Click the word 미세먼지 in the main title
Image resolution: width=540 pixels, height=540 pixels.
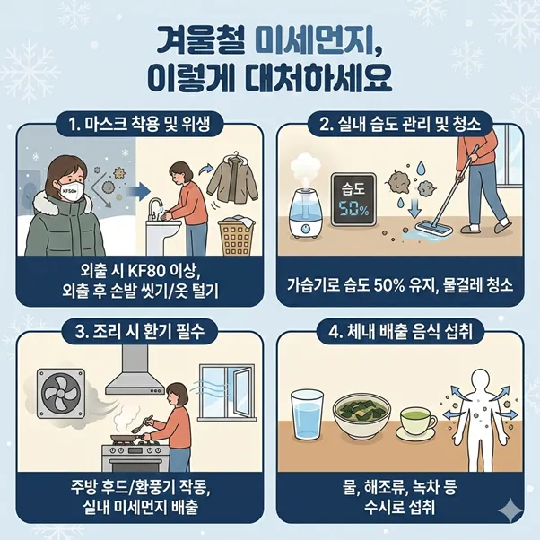point(319,41)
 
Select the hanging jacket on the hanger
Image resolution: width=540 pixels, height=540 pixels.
point(233,179)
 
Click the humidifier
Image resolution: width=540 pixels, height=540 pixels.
point(306,213)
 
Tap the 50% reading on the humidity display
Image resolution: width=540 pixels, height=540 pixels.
point(353,209)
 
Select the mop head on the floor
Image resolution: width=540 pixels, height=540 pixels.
point(433,229)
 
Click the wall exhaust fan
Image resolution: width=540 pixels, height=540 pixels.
point(61,393)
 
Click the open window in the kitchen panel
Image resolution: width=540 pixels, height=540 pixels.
point(228,392)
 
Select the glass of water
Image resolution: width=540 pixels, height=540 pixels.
point(307,415)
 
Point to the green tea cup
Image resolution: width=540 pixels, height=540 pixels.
point(416,423)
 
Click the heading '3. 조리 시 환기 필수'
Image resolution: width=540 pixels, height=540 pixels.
point(139,331)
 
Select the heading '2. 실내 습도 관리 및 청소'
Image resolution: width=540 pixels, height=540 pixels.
point(400,123)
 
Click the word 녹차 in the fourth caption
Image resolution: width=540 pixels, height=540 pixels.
point(428,487)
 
